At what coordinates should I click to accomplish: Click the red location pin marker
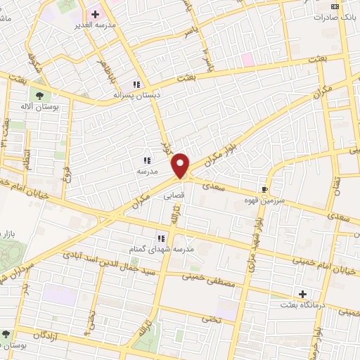pos(181,166)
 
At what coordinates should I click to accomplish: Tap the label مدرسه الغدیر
pos(95,25)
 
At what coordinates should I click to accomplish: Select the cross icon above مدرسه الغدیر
pos(95,14)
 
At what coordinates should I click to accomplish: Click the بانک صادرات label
pos(335,16)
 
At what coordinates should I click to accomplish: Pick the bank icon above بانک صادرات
pos(335,6)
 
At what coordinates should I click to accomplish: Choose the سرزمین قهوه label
pos(265,200)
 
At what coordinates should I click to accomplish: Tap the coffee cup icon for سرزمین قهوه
pos(265,190)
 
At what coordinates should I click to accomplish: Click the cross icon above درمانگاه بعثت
pos(303,293)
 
